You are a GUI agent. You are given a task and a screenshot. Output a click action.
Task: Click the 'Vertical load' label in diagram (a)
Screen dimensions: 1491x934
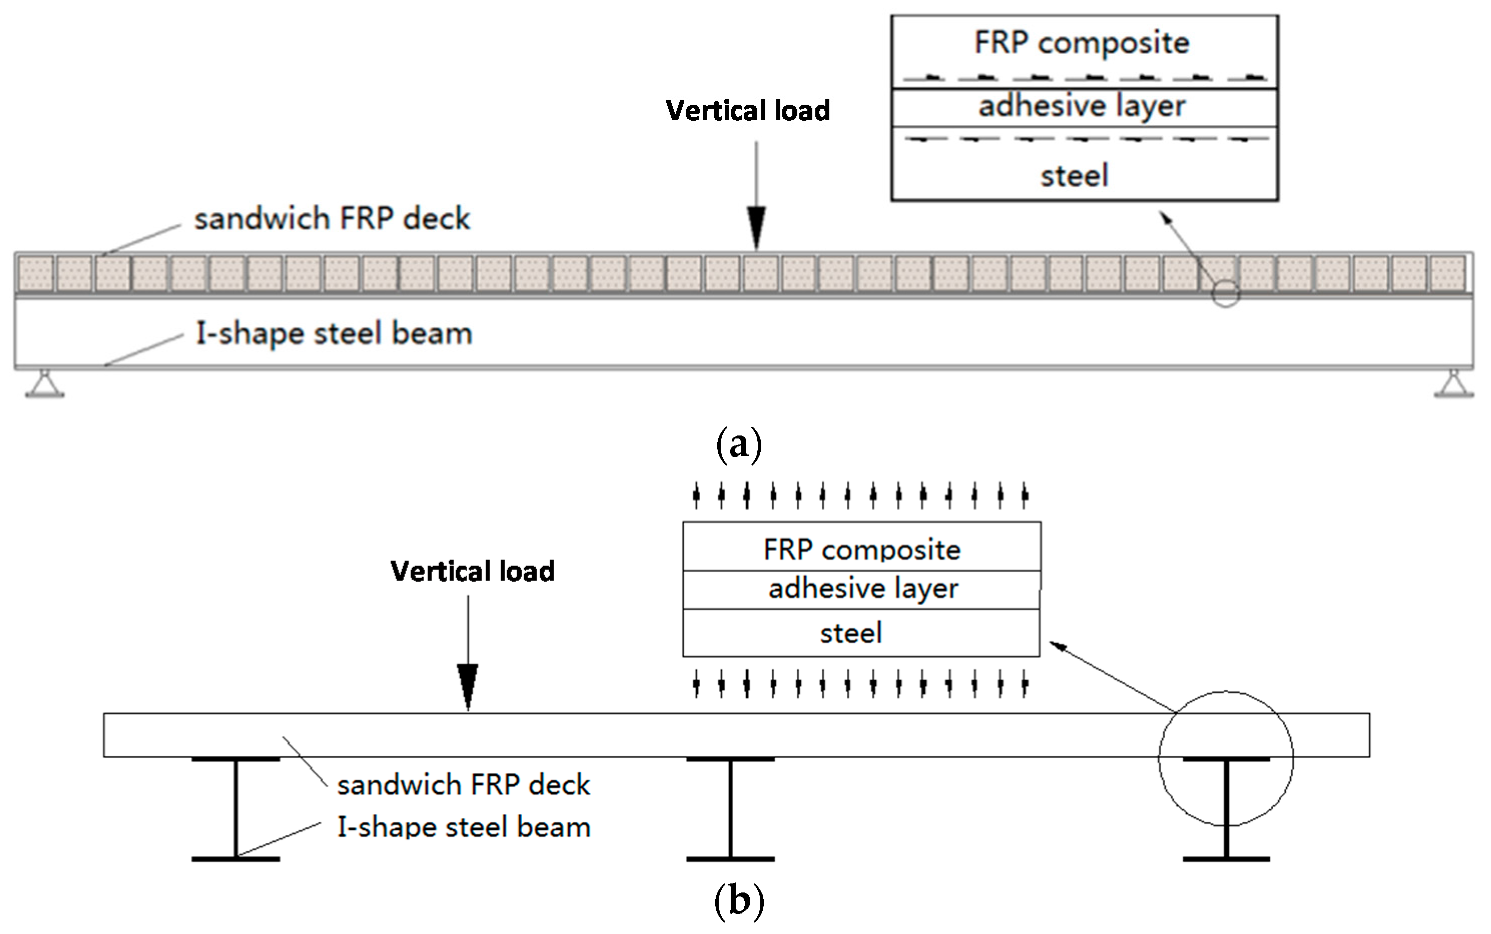click(x=748, y=111)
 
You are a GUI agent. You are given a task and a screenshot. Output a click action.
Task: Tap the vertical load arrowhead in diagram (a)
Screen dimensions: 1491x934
click(x=757, y=229)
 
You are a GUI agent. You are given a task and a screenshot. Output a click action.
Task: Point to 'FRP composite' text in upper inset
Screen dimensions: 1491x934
click(x=1082, y=43)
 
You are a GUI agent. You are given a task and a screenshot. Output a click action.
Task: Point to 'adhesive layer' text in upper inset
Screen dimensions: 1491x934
click(x=1082, y=106)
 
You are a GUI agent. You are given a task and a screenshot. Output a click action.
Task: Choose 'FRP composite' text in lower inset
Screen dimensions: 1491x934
click(x=862, y=549)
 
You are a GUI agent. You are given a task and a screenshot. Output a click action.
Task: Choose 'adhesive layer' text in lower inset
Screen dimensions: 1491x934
click(x=863, y=588)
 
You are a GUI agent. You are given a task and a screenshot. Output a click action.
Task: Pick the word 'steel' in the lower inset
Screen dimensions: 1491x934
click(x=851, y=633)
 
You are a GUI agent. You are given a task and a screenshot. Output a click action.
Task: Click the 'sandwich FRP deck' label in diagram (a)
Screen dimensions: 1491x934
click(x=332, y=219)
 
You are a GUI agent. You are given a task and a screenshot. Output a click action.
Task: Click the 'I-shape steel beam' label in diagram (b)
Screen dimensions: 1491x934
click(x=464, y=826)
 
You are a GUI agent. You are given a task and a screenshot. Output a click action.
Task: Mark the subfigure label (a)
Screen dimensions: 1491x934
click(x=739, y=444)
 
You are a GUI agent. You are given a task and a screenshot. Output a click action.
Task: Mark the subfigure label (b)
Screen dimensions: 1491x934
click(x=739, y=901)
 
